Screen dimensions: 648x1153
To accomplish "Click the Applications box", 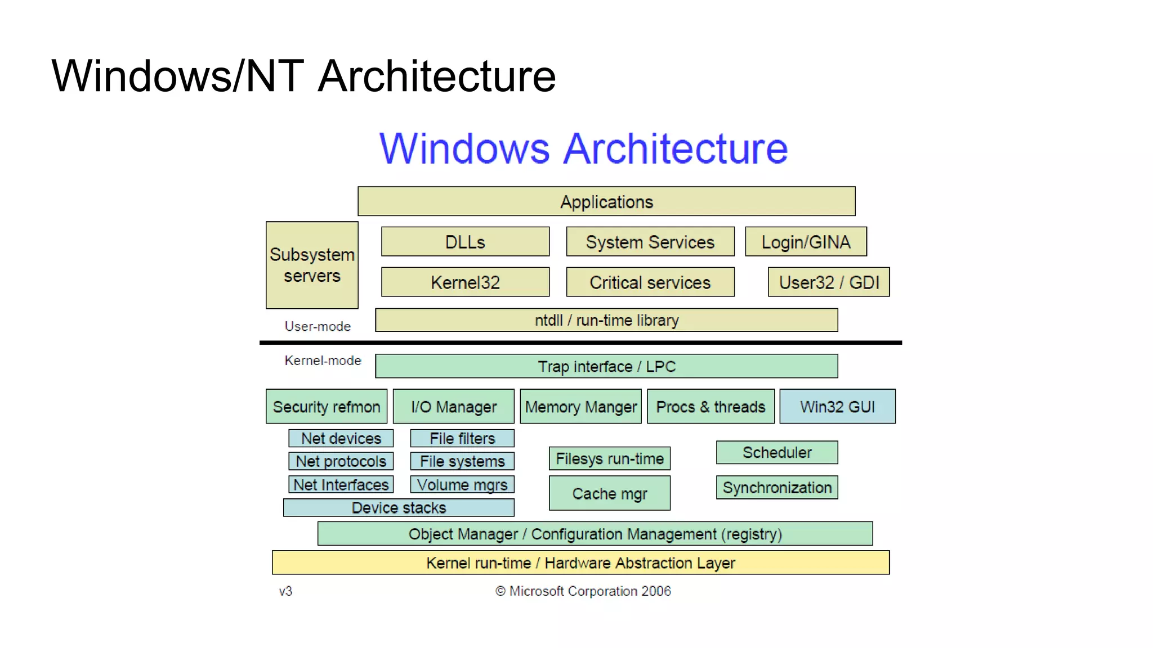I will click(606, 201).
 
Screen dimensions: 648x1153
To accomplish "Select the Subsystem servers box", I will click(312, 265).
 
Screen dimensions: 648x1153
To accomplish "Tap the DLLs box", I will click(465, 242).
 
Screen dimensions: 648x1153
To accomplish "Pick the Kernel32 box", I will click(465, 282).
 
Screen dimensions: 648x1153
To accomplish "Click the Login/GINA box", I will click(806, 242).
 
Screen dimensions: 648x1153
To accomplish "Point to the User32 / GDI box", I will click(829, 282).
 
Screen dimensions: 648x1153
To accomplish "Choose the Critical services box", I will click(650, 282).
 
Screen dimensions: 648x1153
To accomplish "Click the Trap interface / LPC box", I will click(606, 366).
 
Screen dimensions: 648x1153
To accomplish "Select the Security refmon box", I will click(327, 406).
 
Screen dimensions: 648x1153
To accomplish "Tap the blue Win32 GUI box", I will click(837, 406).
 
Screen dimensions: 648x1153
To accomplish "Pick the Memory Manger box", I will click(580, 406).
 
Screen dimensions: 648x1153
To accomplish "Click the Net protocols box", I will click(341, 461).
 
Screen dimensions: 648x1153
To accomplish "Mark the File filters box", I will click(462, 438).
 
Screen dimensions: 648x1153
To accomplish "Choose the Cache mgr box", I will click(610, 493).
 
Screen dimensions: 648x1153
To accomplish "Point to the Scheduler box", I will click(777, 452).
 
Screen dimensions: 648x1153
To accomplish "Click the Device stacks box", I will click(399, 507).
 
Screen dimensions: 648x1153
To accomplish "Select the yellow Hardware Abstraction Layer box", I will click(580, 562).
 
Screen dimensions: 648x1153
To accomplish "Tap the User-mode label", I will click(318, 326).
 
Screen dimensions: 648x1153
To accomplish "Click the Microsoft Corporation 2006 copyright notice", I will click(583, 591).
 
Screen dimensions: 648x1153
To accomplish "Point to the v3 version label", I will click(285, 591).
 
